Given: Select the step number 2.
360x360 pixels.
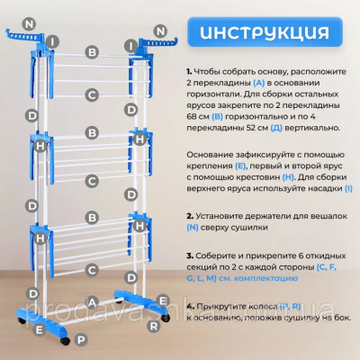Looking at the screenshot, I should pos(190,217).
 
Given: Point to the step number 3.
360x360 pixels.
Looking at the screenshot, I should pos(190,256).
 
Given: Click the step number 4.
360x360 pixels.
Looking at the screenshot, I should pos(190,306).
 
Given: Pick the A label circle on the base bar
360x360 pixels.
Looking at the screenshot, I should pos(91,304).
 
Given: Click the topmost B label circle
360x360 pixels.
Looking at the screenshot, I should pos(91,53).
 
